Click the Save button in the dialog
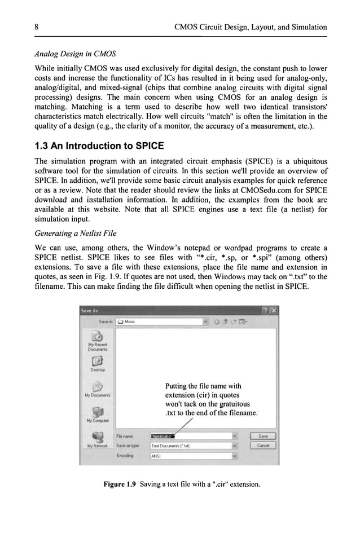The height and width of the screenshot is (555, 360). point(263,436)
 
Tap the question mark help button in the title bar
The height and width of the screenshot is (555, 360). point(265,310)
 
